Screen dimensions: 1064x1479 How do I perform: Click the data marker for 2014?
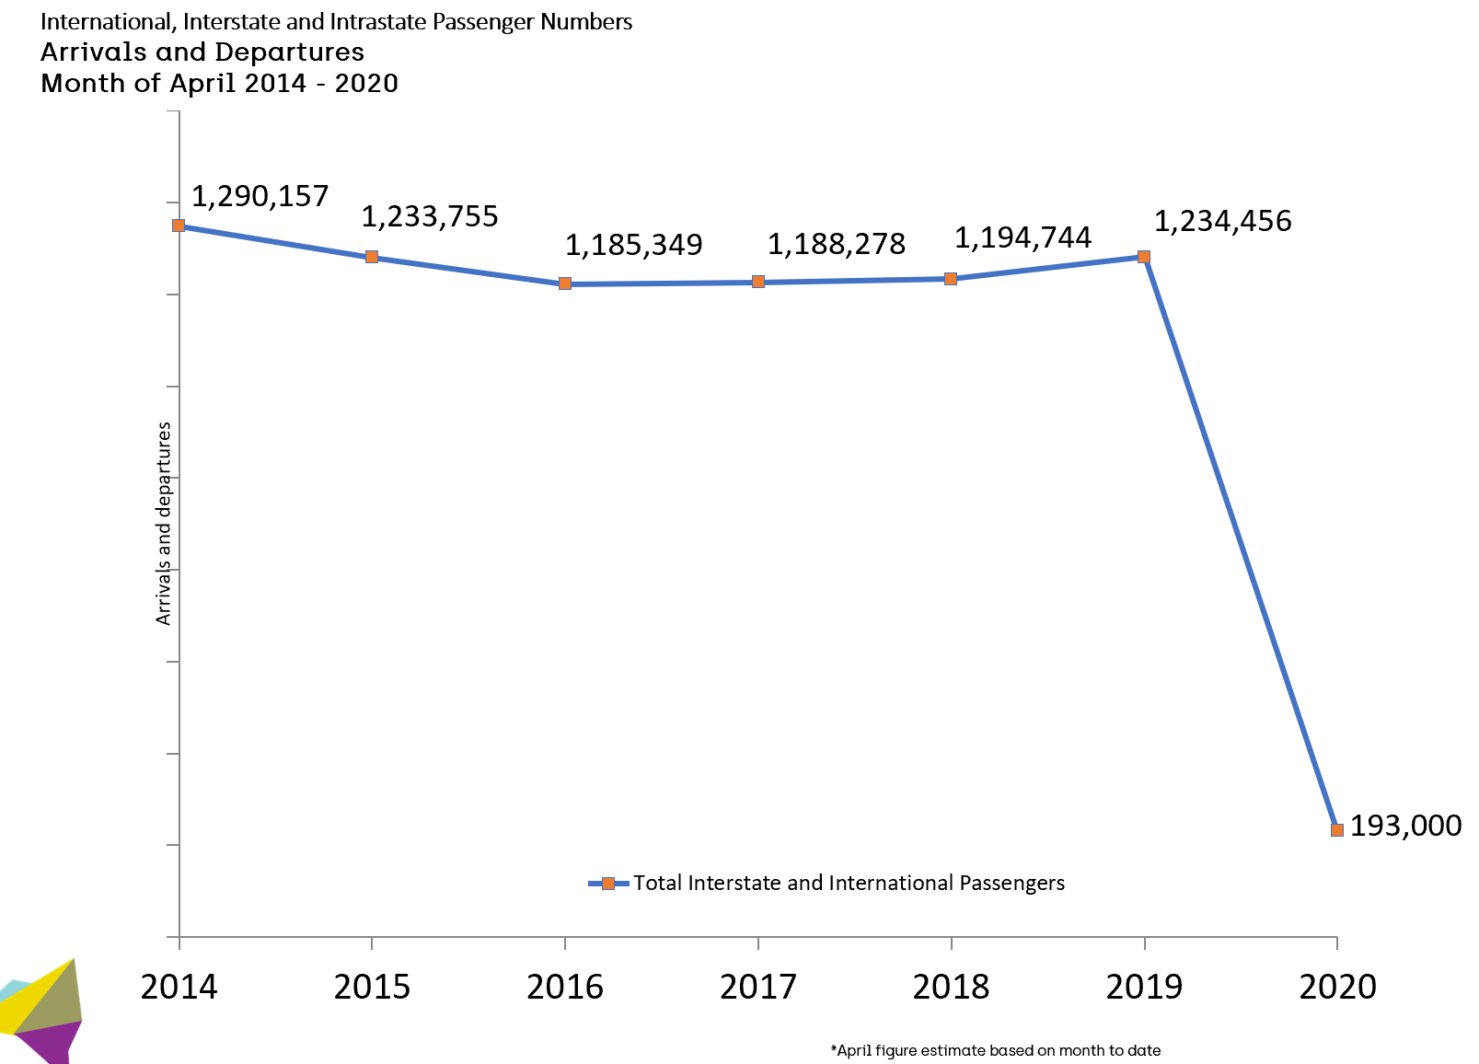pos(179,226)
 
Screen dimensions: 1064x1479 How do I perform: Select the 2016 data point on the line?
pos(565,283)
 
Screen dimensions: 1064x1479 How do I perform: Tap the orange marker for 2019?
pos(1144,257)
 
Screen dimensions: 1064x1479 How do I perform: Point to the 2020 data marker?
pos(1337,829)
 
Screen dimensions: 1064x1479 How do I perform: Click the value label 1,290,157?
pos(260,196)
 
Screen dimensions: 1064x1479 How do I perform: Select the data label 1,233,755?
pos(429,216)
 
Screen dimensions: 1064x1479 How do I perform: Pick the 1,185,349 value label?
pos(633,245)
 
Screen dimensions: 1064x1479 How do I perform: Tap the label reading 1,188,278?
pos(837,244)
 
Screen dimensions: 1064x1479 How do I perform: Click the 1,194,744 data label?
pos(1023,237)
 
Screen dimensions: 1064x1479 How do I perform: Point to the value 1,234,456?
pos(1222,221)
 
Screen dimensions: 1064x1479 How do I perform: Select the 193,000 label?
pos(1405,826)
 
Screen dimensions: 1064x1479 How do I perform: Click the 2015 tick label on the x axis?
pos(372,987)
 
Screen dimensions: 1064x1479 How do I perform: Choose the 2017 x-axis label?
pos(757,987)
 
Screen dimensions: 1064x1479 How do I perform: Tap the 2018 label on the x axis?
pos(951,987)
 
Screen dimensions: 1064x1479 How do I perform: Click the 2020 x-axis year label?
pos(1337,987)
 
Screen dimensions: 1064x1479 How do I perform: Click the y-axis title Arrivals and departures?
pos(164,524)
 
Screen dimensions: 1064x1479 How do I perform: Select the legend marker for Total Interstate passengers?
pos(607,884)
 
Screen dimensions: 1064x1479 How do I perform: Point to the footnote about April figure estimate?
pos(995,1050)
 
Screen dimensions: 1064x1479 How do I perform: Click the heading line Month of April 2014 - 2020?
pos(219,83)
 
